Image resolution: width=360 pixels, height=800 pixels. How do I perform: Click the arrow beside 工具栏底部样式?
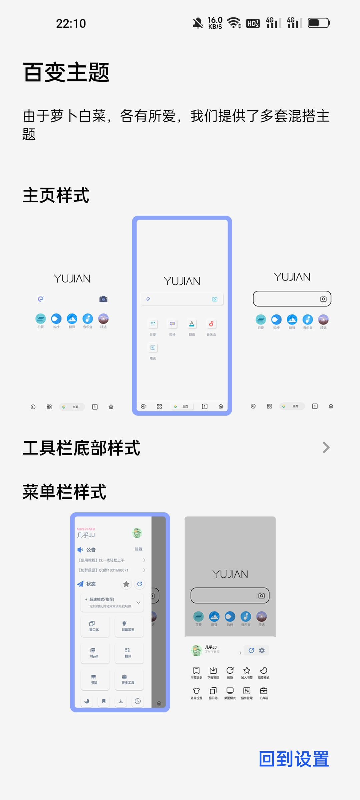[326, 448]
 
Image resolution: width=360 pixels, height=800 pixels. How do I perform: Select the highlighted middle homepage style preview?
[182, 315]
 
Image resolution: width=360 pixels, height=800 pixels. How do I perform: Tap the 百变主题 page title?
[66, 72]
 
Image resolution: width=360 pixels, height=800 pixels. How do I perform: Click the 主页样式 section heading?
[56, 195]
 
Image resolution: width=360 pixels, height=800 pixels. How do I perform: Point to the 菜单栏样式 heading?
[64, 492]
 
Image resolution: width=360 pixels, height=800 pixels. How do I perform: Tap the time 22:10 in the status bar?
[71, 24]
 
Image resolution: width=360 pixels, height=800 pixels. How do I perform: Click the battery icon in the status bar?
[319, 23]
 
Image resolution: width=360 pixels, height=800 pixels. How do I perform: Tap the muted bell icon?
[198, 23]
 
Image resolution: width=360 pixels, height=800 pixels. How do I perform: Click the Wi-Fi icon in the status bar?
[234, 23]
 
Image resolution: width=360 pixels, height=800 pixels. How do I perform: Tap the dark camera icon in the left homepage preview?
[103, 299]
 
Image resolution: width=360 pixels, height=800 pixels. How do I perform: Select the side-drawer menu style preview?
[120, 612]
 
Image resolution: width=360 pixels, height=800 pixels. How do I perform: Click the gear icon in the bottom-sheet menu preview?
[262, 650]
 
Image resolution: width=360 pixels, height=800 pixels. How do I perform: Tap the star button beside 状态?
[126, 584]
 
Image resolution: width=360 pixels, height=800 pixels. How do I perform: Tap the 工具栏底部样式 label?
[82, 448]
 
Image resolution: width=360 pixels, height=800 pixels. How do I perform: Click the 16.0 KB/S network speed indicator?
[215, 23]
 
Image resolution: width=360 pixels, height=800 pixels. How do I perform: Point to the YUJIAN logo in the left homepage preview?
[72, 279]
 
